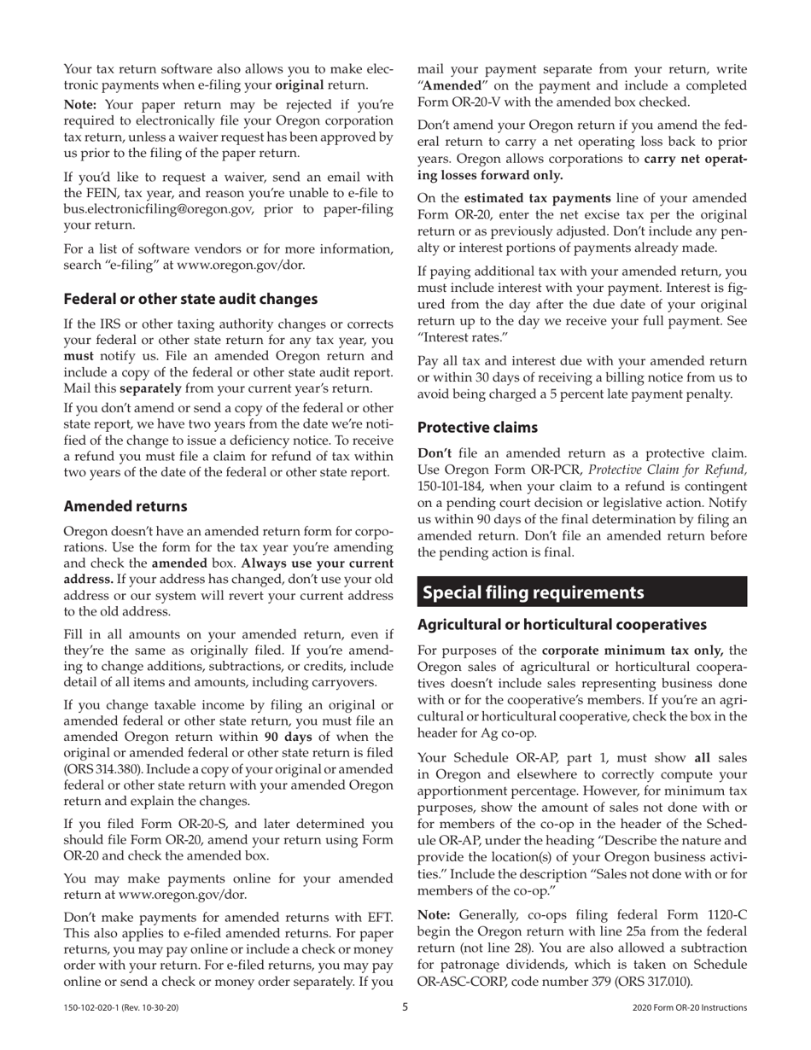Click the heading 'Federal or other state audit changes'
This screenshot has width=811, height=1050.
point(190,299)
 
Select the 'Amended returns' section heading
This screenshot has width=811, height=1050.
point(125,505)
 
